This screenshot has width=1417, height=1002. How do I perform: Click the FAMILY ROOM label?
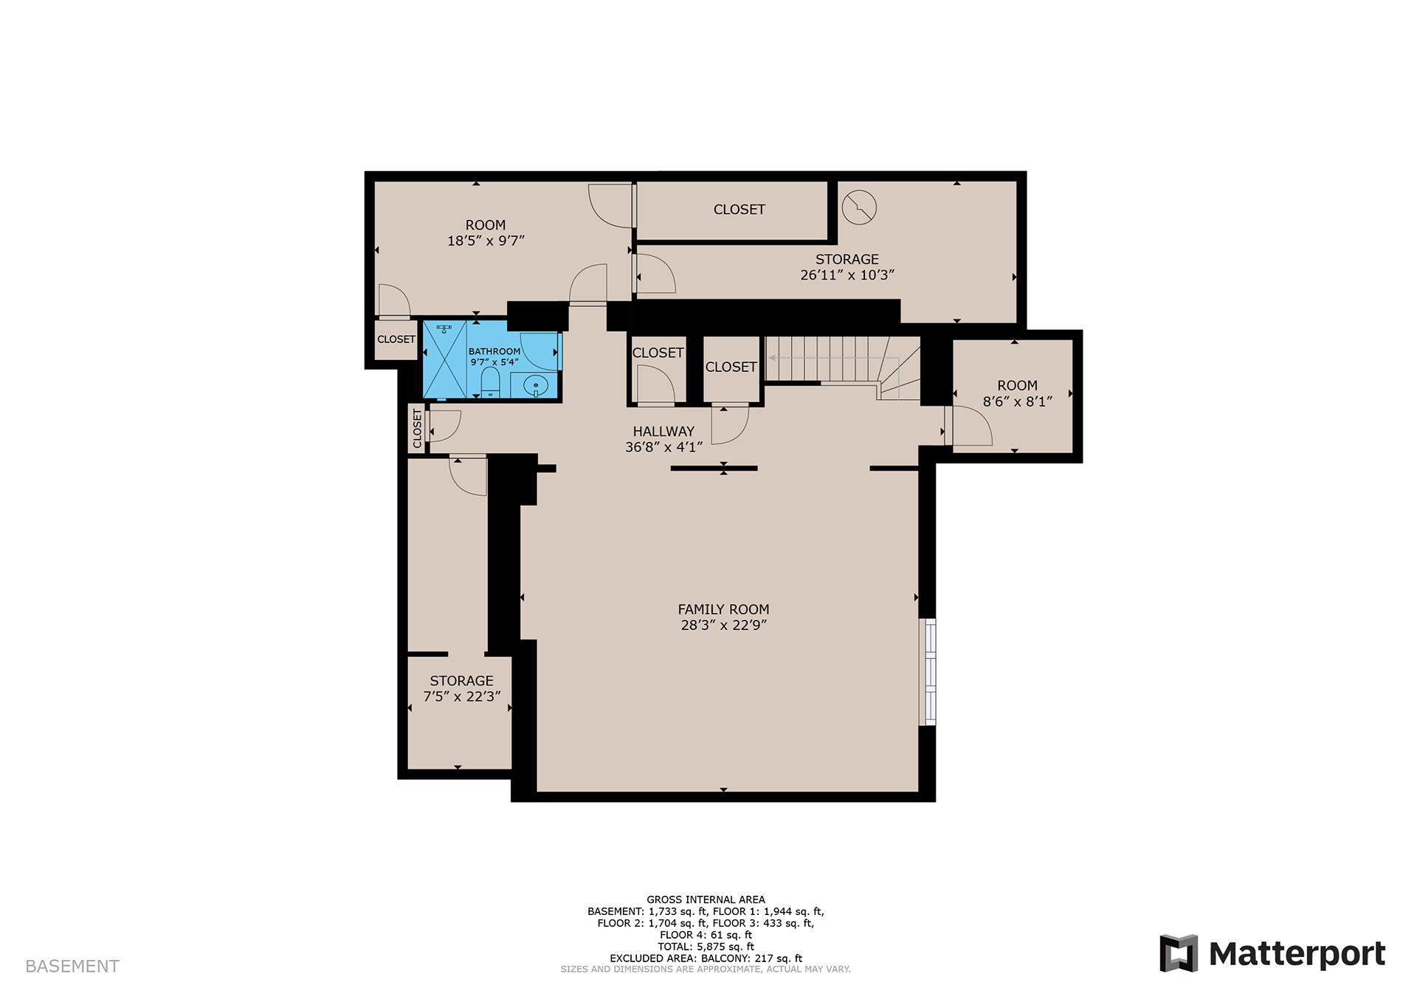pyautogui.click(x=723, y=609)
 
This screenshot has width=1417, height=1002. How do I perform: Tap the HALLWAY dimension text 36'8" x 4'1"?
pyautogui.click(x=663, y=447)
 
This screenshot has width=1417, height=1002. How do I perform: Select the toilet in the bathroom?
pyautogui.click(x=491, y=382)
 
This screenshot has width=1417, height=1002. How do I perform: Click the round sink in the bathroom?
pyautogui.click(x=535, y=385)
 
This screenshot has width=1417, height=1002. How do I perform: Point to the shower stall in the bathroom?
pyautogui.click(x=444, y=359)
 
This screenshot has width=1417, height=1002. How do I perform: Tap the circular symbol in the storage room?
pyautogui.click(x=860, y=207)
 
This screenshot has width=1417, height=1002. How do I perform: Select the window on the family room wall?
pyautogui.click(x=928, y=671)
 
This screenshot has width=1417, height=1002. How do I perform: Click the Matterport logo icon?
pyautogui.click(x=1178, y=953)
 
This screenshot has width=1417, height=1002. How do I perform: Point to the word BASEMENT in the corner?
pyautogui.click(x=72, y=967)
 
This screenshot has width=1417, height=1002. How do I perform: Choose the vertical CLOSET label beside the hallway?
pyautogui.click(x=418, y=429)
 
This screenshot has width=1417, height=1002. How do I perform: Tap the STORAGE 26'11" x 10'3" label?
pyautogui.click(x=847, y=267)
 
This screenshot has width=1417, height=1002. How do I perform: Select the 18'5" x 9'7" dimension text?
pyautogui.click(x=486, y=241)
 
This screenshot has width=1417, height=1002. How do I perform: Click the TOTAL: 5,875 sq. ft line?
pyautogui.click(x=706, y=947)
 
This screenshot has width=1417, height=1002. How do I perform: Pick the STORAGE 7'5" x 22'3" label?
pyautogui.click(x=462, y=688)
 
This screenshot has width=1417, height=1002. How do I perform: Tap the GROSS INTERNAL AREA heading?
pyautogui.click(x=706, y=899)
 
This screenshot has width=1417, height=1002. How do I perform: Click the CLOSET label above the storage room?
pyautogui.click(x=739, y=210)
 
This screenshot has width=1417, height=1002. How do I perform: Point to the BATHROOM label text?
pyautogui.click(x=494, y=351)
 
